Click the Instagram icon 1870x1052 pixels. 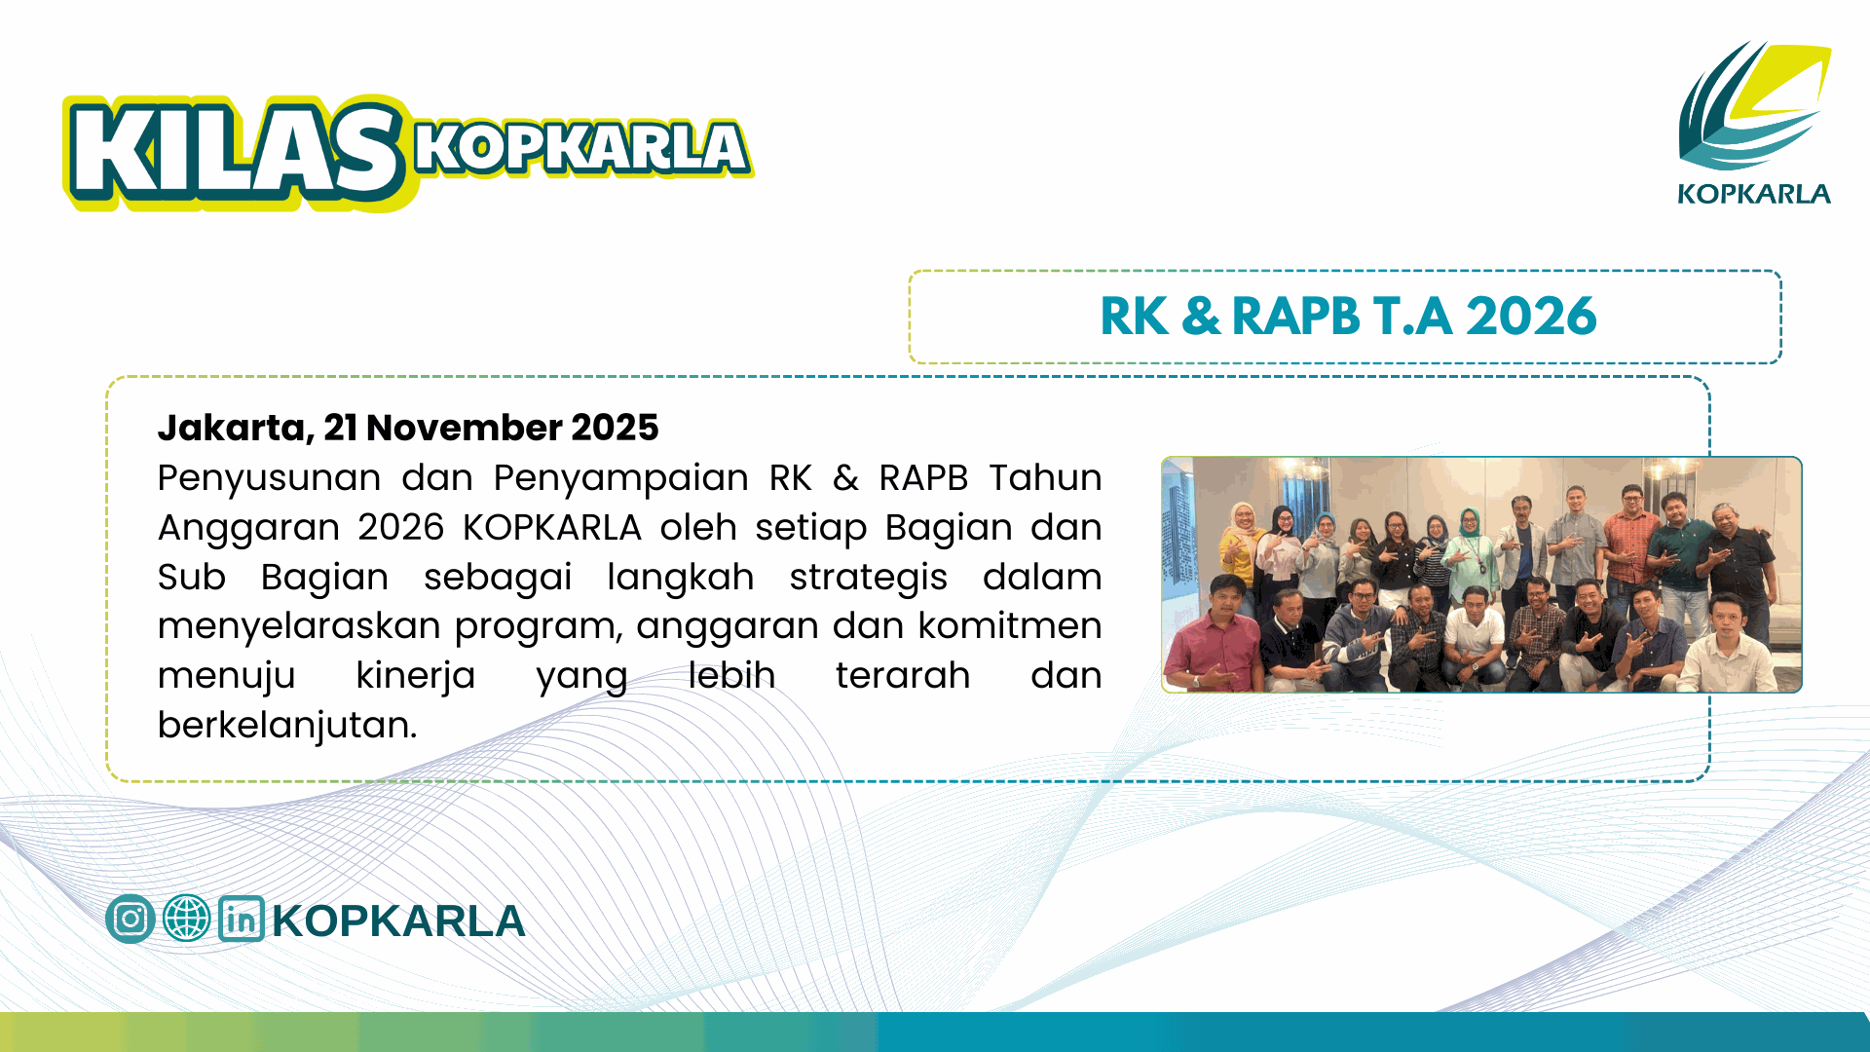[x=131, y=919]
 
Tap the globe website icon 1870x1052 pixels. [x=186, y=919]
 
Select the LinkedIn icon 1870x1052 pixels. [x=242, y=919]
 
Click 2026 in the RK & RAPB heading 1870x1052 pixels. [x=1531, y=317]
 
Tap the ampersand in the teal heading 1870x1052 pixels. [x=1200, y=317]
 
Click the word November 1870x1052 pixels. [x=464, y=428]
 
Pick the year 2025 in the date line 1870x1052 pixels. [x=615, y=428]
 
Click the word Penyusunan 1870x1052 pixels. [x=269, y=479]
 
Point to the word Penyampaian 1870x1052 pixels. [x=620, y=479]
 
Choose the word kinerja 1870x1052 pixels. [x=416, y=677]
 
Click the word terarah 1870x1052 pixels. [x=903, y=676]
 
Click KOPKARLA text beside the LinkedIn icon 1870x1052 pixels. [x=398, y=920]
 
